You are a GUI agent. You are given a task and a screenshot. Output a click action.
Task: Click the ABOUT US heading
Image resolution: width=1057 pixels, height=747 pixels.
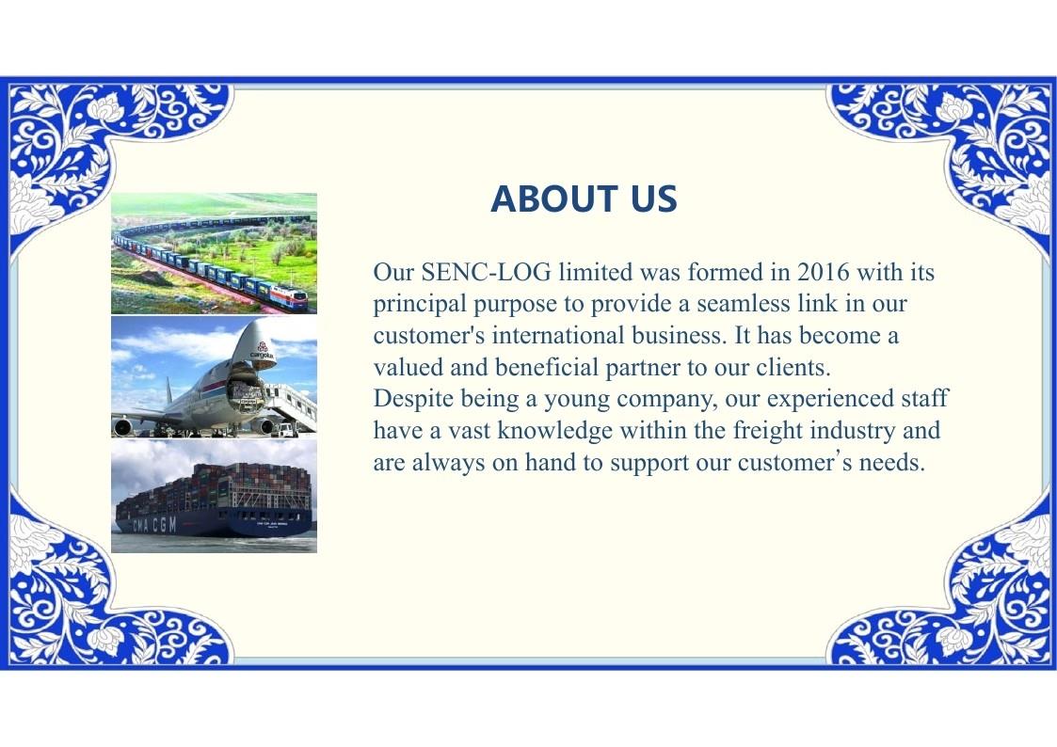[x=584, y=199]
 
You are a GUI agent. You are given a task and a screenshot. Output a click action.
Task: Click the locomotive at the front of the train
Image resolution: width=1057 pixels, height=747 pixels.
[x=286, y=297]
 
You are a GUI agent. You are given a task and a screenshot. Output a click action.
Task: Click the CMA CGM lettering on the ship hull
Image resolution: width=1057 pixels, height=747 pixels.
[x=154, y=525]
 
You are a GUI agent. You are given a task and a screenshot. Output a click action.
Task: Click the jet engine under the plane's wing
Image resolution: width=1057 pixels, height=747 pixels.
[x=122, y=426]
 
